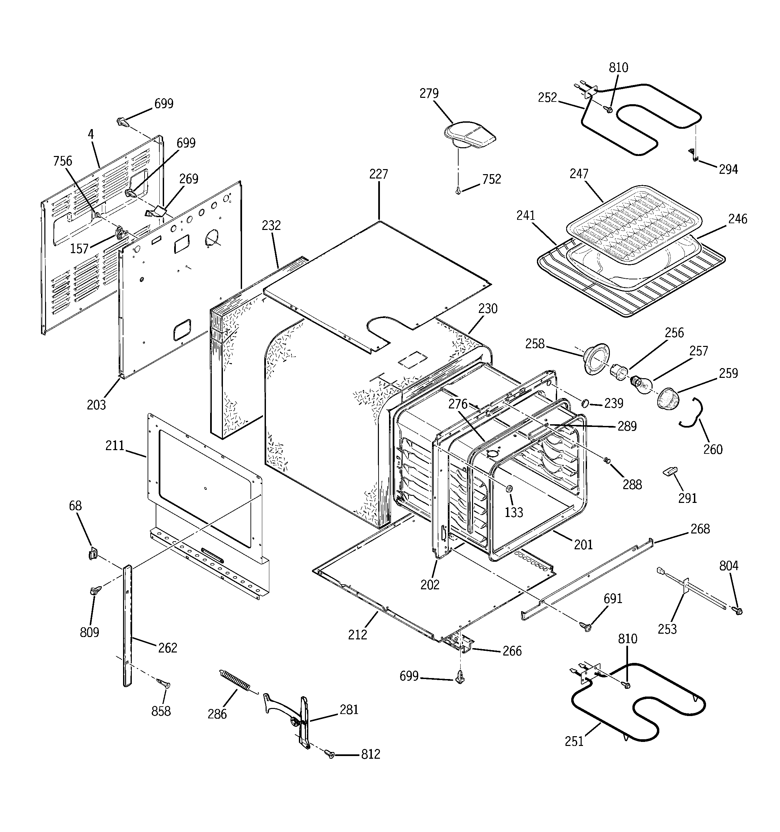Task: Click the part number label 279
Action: click(x=429, y=93)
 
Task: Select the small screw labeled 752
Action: click(x=459, y=191)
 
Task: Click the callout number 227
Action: click(x=379, y=174)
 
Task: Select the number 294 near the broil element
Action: click(x=729, y=169)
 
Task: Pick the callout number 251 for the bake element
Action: click(x=574, y=741)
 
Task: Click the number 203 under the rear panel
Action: click(x=96, y=405)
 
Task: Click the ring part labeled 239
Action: click(x=585, y=403)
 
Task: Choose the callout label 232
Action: click(x=271, y=226)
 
